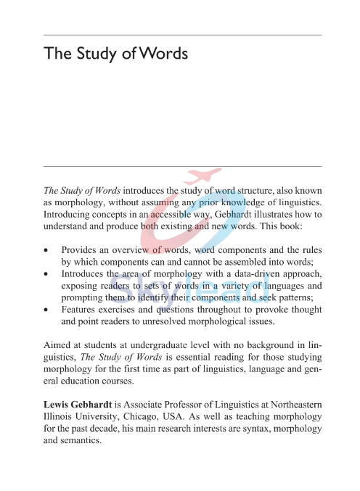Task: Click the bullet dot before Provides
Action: [x=48, y=249]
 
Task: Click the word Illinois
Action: [x=59, y=413]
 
